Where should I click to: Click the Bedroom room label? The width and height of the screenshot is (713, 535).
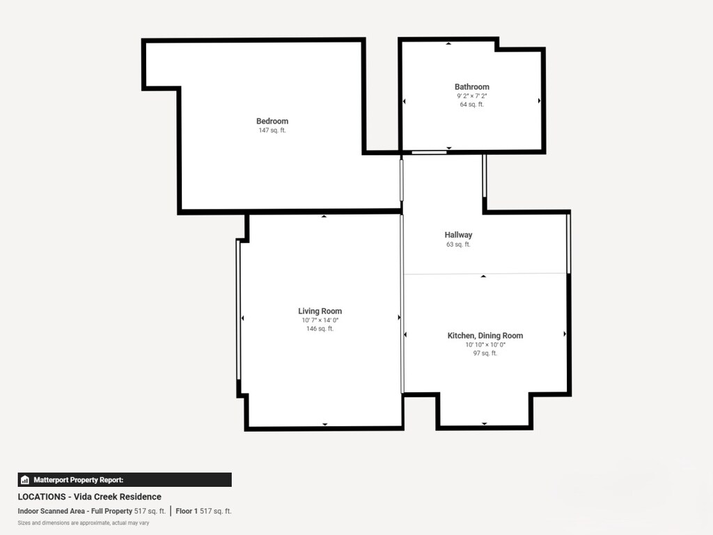click(272, 121)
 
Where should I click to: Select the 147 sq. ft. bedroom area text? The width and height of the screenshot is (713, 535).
click(272, 130)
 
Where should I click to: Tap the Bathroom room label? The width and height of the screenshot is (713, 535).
click(471, 87)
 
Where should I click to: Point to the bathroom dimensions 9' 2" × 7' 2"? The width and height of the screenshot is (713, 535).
click(471, 96)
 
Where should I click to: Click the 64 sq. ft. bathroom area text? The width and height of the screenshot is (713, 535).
click(471, 104)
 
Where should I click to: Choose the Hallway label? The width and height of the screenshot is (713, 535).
click(458, 235)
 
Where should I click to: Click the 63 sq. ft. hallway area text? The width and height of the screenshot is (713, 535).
click(458, 245)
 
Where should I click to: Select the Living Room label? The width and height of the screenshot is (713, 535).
click(320, 311)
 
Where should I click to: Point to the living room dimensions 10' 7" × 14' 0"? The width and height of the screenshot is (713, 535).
click(320, 320)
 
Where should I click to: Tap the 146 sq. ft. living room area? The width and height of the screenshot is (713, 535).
click(320, 329)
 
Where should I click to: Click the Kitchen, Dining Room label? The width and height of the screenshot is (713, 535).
click(485, 336)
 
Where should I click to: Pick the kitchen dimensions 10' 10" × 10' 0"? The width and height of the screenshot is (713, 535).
click(485, 345)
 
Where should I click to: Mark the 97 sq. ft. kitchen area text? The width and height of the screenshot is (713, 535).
click(485, 353)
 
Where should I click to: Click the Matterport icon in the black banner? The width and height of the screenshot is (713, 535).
click(25, 480)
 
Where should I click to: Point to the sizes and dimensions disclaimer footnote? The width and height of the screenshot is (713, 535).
click(83, 522)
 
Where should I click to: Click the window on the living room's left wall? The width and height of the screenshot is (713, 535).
click(238, 310)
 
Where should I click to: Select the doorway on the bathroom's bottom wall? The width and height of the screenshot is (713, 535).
click(429, 152)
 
